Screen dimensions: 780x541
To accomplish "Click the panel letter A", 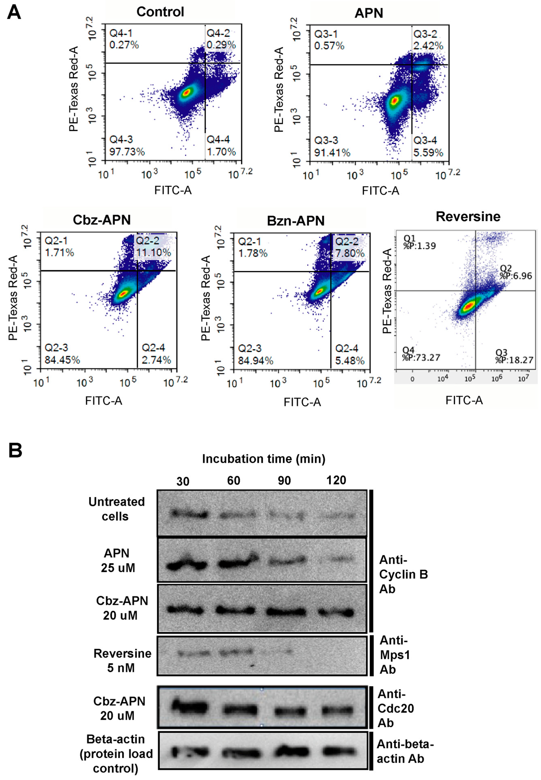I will click(14, 13).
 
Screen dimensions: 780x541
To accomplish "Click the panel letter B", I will click(15, 451).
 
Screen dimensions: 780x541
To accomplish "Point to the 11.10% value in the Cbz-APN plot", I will click(154, 253).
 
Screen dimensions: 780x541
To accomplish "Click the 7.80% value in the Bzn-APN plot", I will click(350, 253).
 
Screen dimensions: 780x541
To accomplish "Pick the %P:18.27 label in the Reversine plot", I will click(514, 360).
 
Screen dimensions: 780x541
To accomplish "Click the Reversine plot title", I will click(468, 217).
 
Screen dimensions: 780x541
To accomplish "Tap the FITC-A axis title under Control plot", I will click(173, 190).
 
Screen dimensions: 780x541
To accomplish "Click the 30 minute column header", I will click(183, 481).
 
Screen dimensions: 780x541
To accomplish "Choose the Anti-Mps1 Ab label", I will click(394, 655).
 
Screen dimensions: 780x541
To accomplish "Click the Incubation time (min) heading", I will click(264, 459).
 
